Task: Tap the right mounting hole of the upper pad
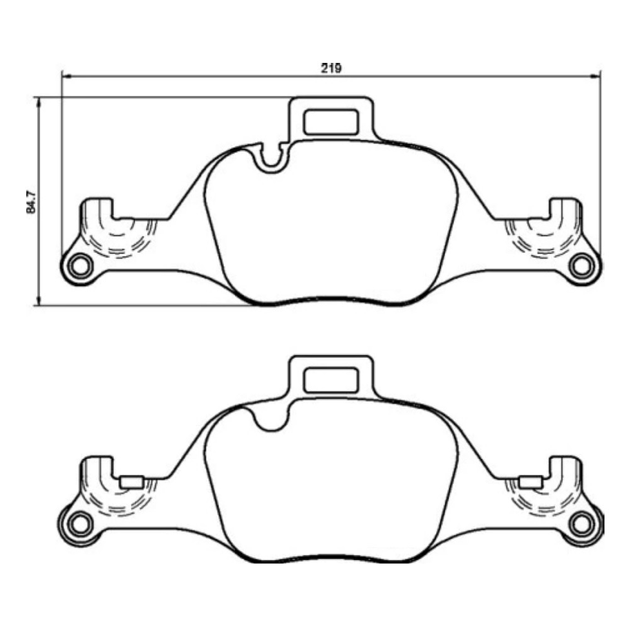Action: pos(583,263)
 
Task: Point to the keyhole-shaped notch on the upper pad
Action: pos(272,158)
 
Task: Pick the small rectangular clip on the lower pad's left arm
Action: pos(131,482)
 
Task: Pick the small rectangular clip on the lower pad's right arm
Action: pos(530,482)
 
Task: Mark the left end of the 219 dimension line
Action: pos(63,76)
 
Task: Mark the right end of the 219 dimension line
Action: pos(600,76)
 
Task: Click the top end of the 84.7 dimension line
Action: pos(39,98)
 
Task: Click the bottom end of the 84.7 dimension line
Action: pos(39,303)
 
